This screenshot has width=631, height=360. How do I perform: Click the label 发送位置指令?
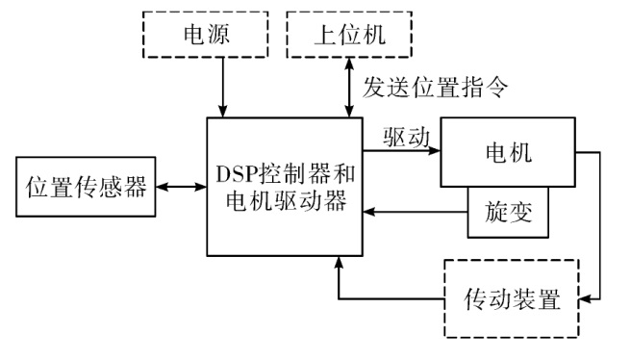435,87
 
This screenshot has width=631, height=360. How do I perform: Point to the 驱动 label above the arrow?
407,138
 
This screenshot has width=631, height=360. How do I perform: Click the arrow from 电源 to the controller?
222,88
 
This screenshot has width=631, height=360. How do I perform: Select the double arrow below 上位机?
349,88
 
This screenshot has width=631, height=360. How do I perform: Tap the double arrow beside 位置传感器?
181,187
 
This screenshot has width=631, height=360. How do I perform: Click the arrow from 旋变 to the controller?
415,212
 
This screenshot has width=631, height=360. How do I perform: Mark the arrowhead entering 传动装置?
585,298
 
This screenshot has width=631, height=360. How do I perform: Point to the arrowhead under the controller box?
339,262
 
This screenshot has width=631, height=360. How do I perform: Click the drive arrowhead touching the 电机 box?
435,151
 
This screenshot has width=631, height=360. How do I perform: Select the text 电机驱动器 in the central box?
286,200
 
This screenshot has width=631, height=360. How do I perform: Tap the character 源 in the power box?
218,34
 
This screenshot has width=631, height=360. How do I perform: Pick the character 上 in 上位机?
325,35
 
